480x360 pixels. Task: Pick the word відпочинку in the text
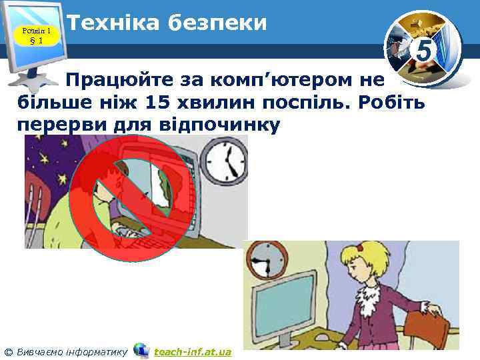tap(213, 125)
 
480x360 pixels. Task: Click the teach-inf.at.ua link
tap(192, 351)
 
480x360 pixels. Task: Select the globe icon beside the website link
tap(141, 350)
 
